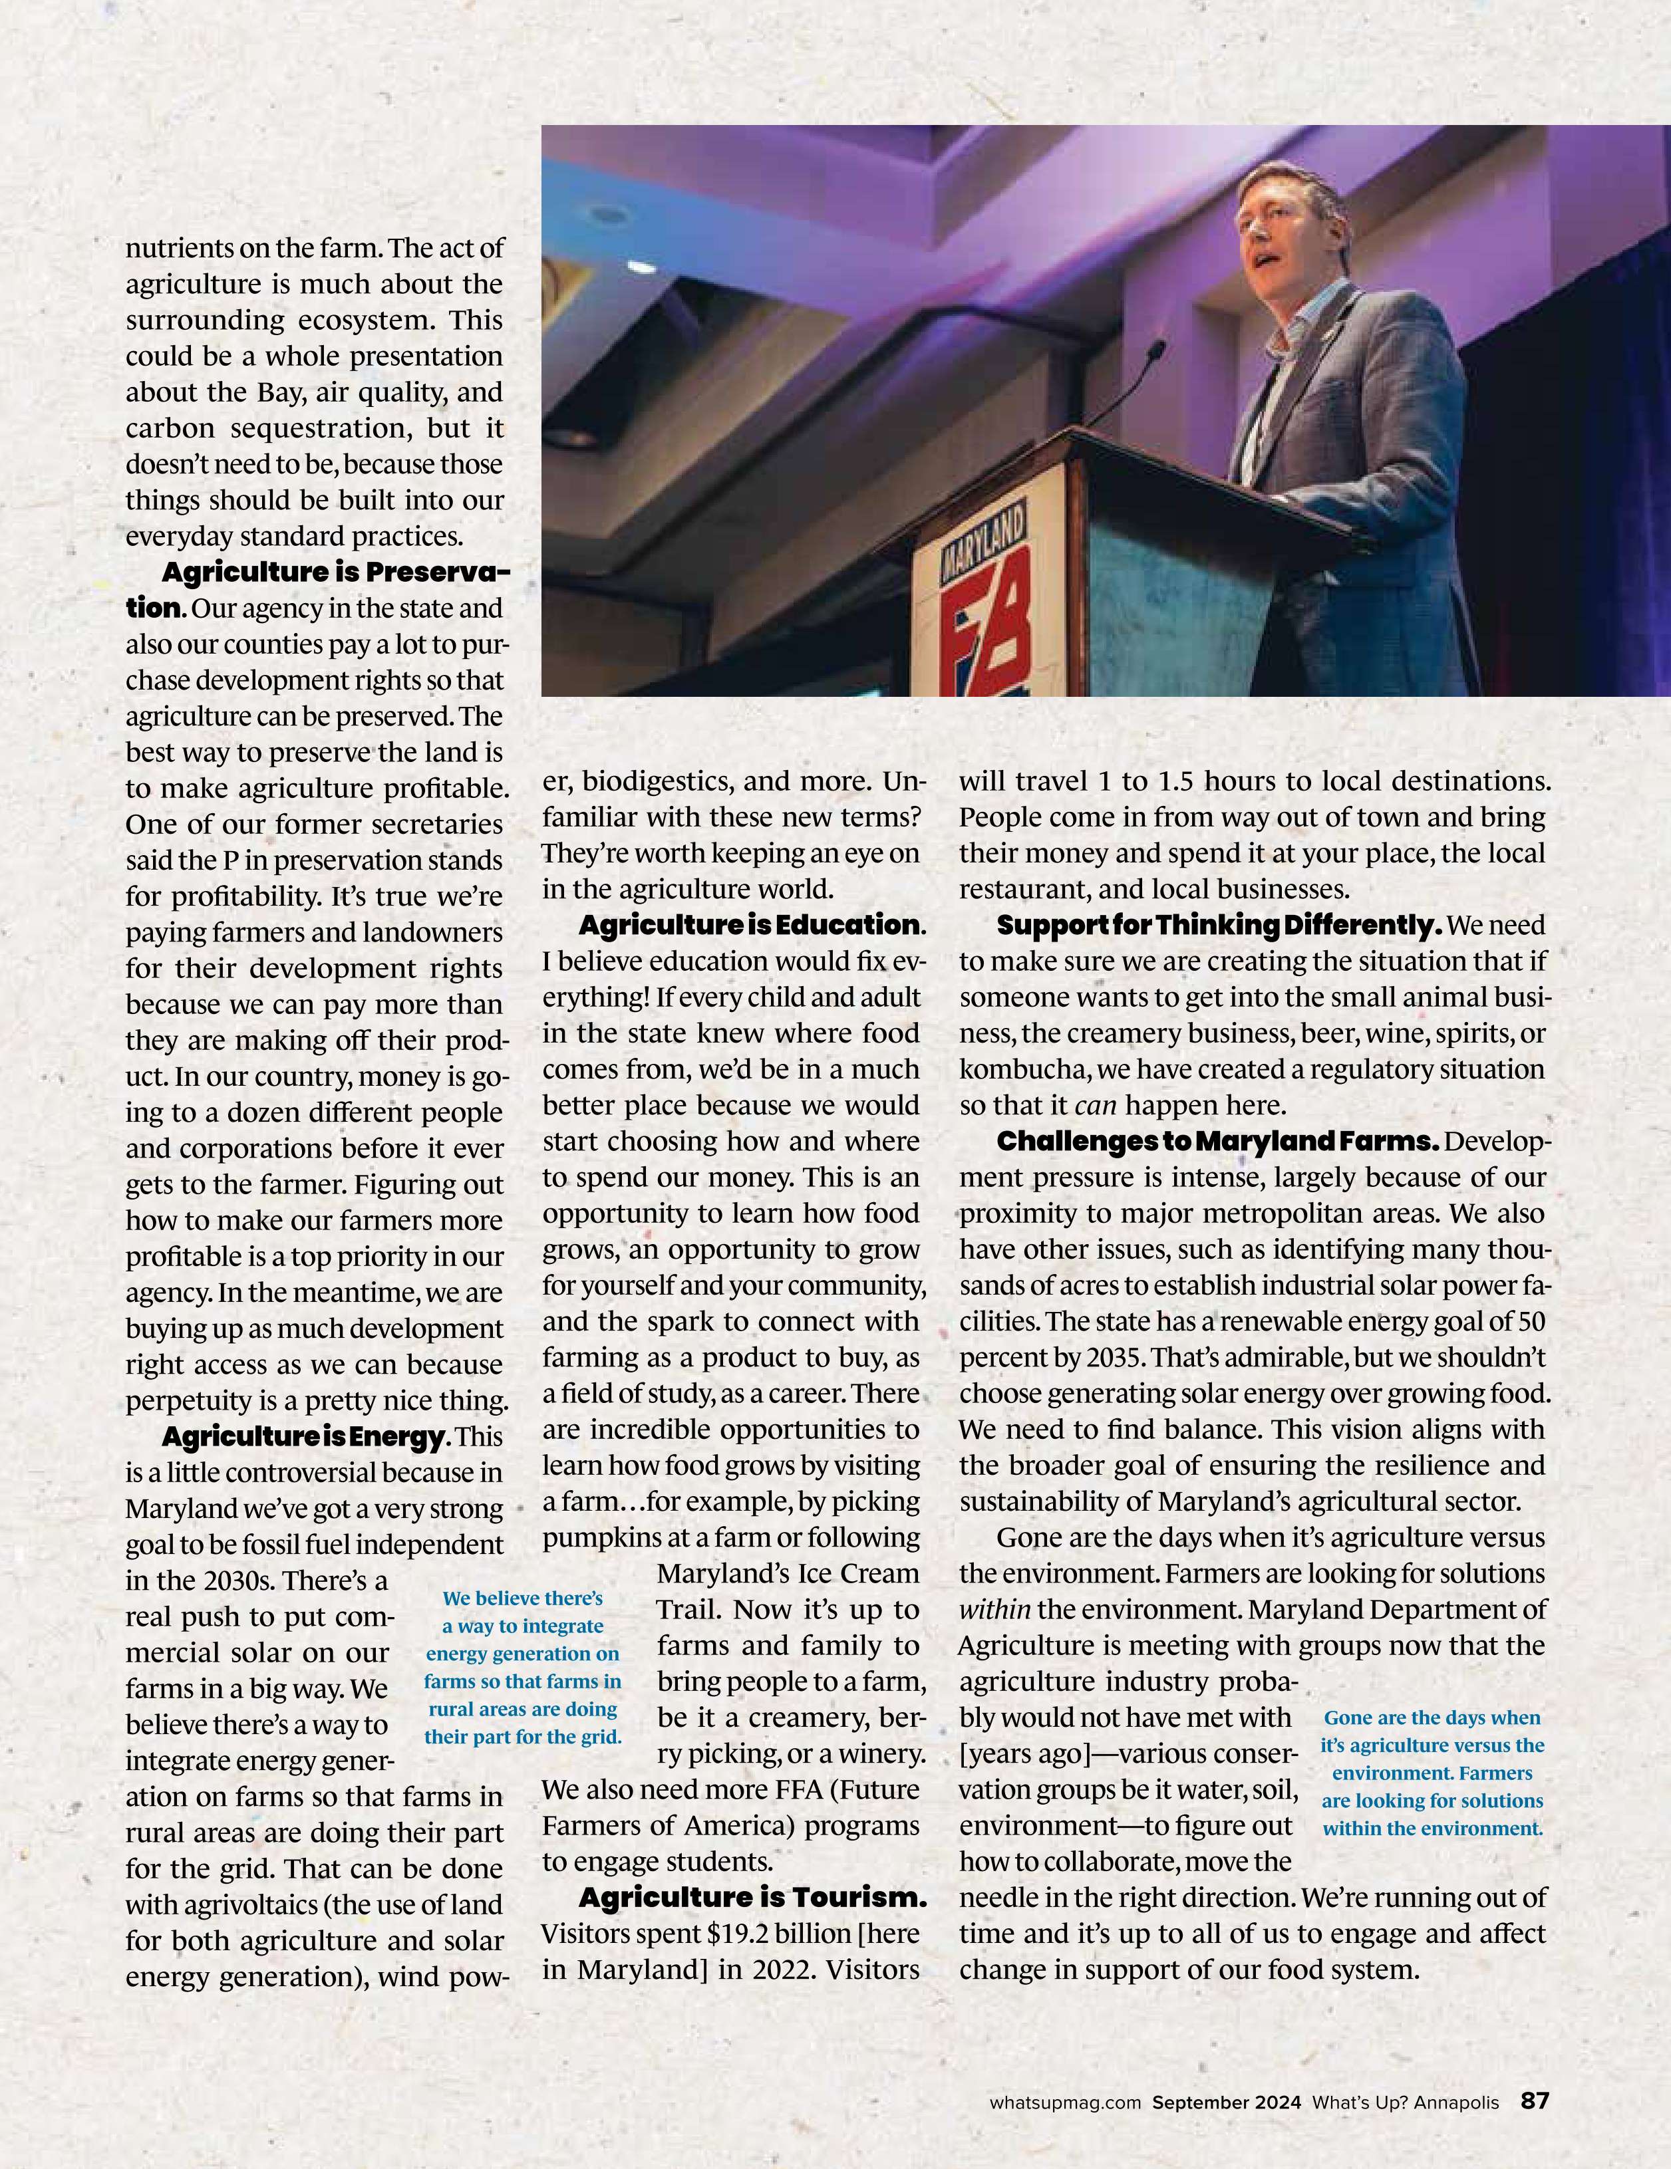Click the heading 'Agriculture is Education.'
tap(751, 926)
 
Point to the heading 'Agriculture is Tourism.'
tap(752, 1898)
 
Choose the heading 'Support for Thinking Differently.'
tap(1218, 926)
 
